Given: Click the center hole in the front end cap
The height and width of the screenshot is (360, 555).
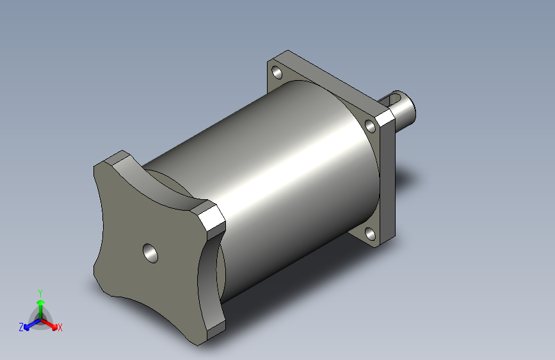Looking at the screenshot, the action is (150, 253).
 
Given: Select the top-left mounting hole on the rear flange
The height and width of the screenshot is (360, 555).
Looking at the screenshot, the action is (277, 72).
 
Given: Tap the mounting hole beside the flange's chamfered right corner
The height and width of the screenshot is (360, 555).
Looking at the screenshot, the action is (370, 126).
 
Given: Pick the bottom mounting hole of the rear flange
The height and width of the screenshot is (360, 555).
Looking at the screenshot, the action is (370, 234).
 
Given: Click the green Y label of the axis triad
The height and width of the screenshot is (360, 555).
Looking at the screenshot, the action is (40, 293).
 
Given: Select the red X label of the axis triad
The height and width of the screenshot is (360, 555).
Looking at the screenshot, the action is (60, 327).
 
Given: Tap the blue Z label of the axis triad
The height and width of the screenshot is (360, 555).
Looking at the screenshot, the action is (21, 327).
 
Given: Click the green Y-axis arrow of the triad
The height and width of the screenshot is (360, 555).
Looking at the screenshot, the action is (41, 309).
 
